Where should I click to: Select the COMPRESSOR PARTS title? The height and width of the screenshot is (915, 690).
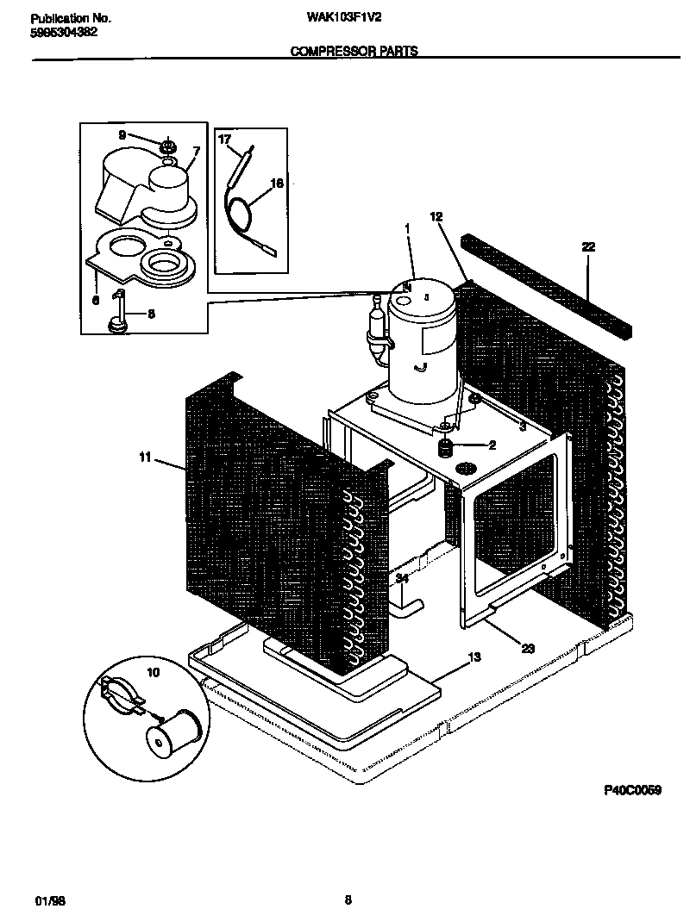point(354,52)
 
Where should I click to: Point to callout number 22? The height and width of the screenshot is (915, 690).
point(588,247)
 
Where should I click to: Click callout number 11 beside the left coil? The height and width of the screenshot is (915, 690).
point(146,458)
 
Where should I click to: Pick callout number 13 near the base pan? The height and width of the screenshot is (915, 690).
point(474,658)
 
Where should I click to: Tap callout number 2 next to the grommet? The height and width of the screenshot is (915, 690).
point(492,445)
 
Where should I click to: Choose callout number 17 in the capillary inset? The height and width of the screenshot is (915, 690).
point(224,140)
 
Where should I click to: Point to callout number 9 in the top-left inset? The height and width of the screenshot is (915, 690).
point(122,135)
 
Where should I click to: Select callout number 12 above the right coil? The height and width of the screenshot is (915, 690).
point(436,218)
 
